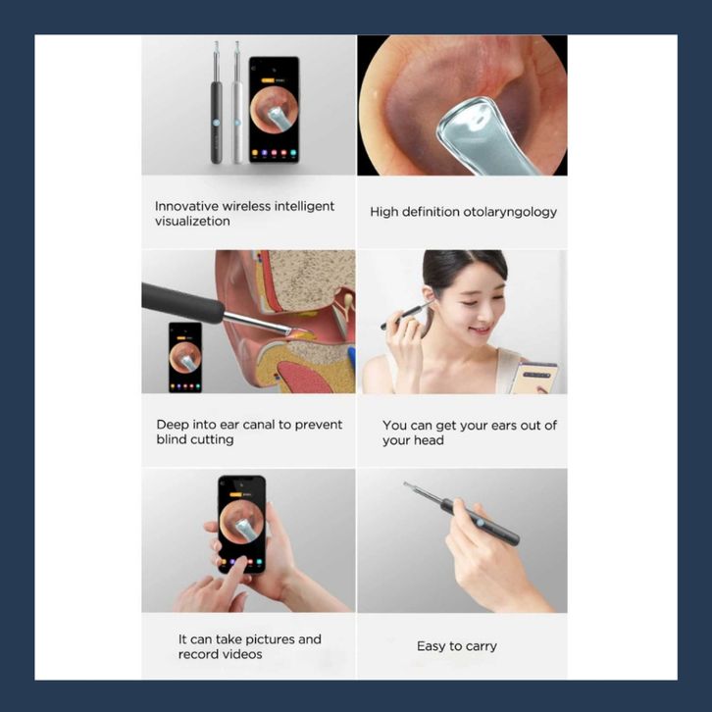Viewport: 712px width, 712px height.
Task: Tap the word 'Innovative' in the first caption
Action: coord(186,206)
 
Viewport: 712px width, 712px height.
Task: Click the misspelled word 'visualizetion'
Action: coord(192,221)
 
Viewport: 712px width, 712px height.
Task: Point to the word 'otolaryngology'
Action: coord(510,213)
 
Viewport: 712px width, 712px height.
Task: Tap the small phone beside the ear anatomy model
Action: coord(185,357)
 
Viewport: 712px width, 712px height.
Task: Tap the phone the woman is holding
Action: coord(534,378)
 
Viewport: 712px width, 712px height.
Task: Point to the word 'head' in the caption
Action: coord(429,440)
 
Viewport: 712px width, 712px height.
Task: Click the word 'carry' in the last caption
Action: coord(481,646)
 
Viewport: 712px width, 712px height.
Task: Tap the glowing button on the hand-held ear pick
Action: coord(480,523)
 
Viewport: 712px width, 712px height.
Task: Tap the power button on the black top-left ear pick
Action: coord(216,123)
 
